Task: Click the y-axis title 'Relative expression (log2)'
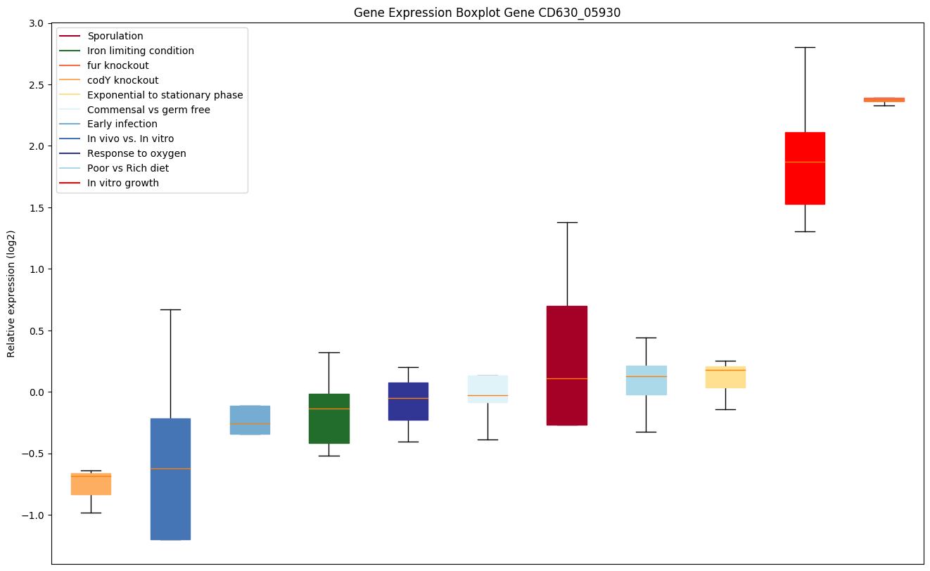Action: click(11, 293)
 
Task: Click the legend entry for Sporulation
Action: click(115, 36)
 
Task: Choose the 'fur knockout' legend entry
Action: click(117, 65)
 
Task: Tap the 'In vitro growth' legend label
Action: click(123, 183)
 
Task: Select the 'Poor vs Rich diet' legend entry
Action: click(128, 168)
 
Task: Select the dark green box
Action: click(329, 418)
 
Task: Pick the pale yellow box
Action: click(725, 378)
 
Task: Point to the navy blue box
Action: click(408, 402)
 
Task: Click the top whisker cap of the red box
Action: click(805, 47)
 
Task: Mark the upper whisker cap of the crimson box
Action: click(567, 222)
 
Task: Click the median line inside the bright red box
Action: click(805, 162)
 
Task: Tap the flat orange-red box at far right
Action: click(884, 100)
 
